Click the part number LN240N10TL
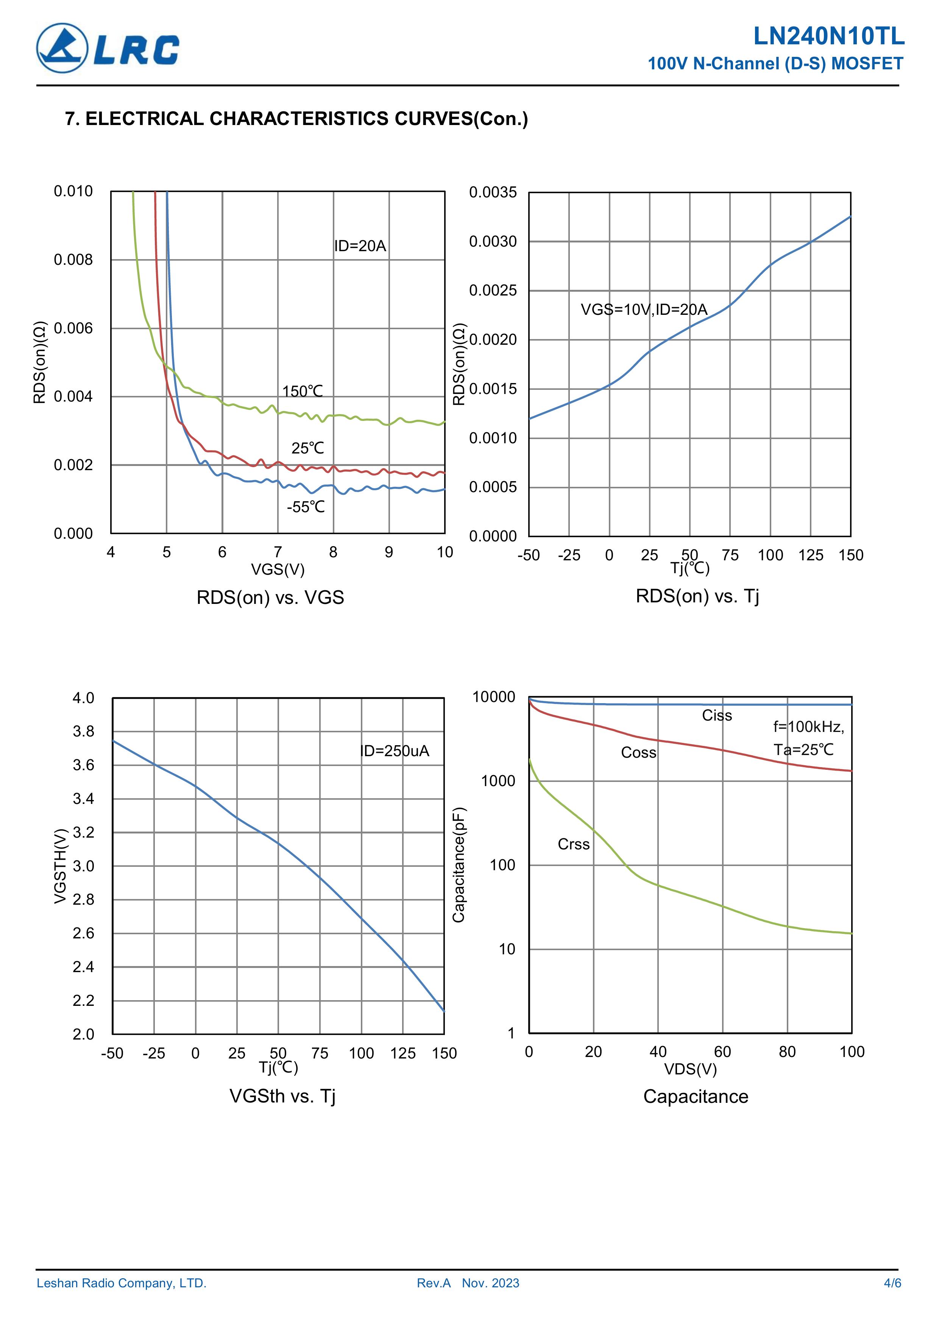(x=828, y=36)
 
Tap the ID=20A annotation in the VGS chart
(x=360, y=246)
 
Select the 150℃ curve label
(x=302, y=391)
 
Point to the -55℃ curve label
(x=306, y=507)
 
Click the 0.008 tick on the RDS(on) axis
(x=73, y=260)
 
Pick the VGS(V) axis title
(x=278, y=569)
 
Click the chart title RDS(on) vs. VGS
(x=270, y=597)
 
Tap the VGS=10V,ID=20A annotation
(x=644, y=310)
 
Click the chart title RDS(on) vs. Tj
(x=697, y=596)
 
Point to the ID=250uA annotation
(x=395, y=751)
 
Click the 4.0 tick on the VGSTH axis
(x=83, y=698)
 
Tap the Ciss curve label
(x=717, y=715)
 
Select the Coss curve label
(x=638, y=752)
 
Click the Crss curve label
(x=573, y=844)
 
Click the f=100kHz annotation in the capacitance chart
(x=808, y=727)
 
